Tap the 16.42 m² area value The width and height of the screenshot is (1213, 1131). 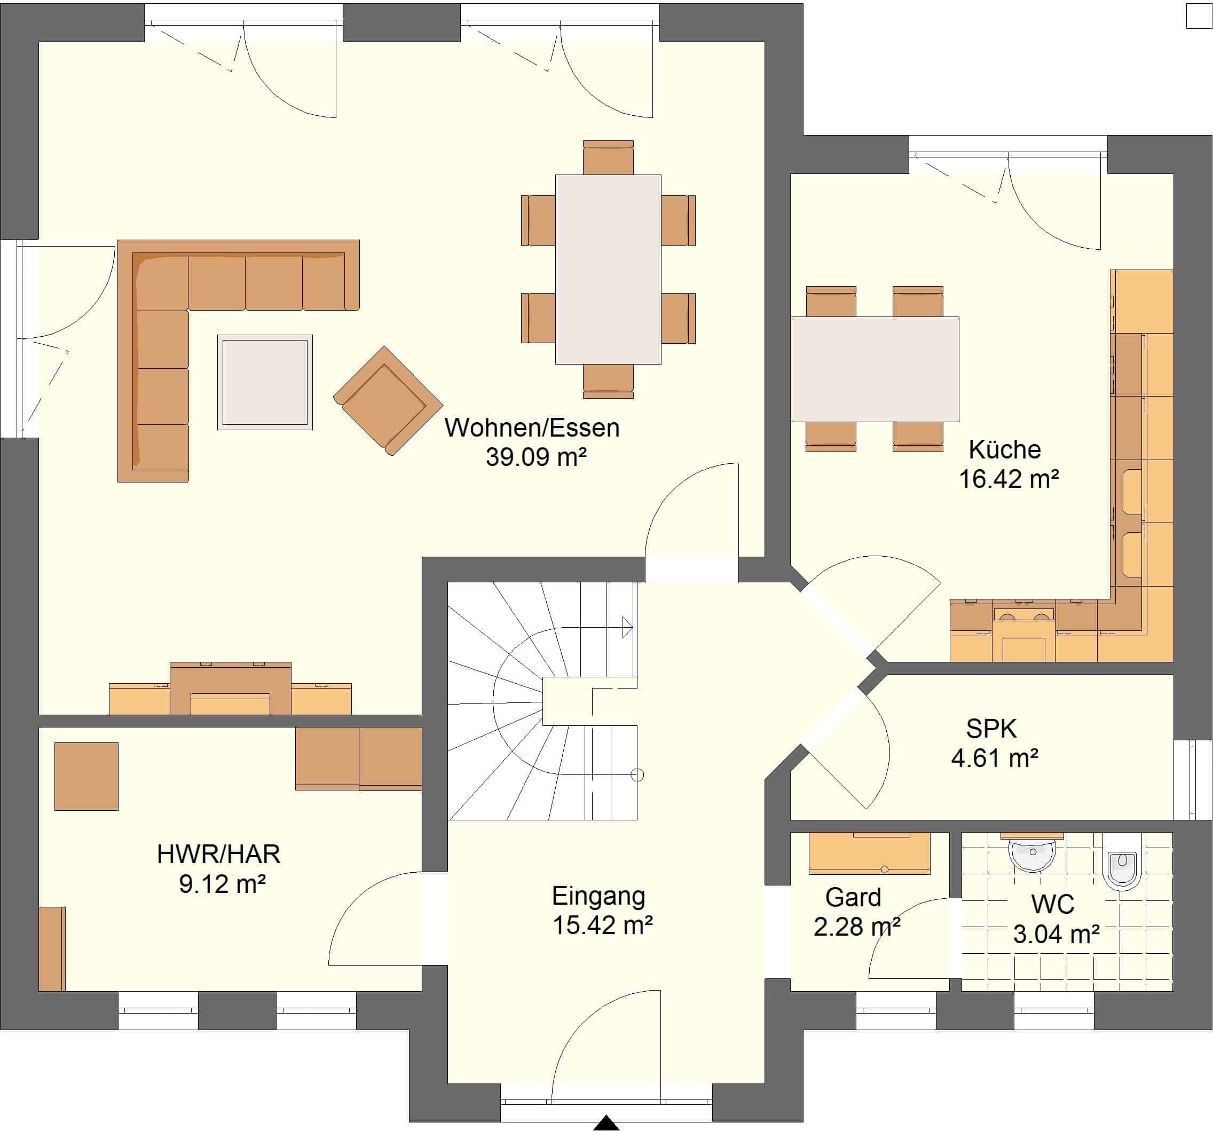[x=1009, y=479]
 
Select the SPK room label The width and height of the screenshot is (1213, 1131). [x=991, y=729]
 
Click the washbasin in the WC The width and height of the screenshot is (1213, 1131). [x=1033, y=852]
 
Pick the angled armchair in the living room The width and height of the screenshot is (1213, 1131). [x=388, y=401]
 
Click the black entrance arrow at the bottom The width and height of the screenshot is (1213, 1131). [x=606, y=1122]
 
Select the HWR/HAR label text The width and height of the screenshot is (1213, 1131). [x=218, y=854]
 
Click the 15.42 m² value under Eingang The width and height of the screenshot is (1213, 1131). [x=602, y=925]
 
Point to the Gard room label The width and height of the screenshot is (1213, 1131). [x=853, y=897]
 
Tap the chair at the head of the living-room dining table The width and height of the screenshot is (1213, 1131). [x=608, y=157]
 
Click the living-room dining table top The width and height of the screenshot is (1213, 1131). [x=608, y=270]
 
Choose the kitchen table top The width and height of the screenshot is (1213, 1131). [x=875, y=369]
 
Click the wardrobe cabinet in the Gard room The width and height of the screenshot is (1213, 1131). [x=870, y=853]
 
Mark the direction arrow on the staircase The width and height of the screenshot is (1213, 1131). [x=627, y=627]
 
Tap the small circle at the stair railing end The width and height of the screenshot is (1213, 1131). [x=637, y=776]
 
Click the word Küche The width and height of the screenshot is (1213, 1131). [x=1005, y=449]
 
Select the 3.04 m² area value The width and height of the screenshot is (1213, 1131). [x=1056, y=934]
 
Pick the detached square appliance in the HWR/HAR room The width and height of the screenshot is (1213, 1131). [x=86, y=776]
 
